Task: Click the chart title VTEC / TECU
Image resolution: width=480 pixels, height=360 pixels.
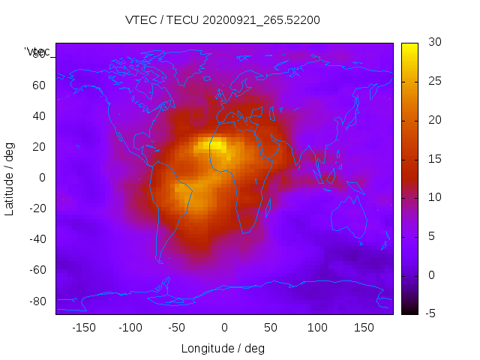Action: [223, 20]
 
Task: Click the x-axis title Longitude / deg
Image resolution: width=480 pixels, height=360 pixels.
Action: [223, 348]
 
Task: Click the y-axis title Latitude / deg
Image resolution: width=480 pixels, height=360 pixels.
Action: [10, 178]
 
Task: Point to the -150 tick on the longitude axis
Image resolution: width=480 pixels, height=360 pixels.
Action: [83, 327]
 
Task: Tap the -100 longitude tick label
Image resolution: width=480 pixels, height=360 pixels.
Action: [130, 327]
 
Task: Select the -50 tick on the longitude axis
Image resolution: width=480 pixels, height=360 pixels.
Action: [177, 327]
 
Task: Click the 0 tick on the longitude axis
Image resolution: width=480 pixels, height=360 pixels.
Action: [223, 327]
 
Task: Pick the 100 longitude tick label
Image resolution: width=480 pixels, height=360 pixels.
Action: [317, 327]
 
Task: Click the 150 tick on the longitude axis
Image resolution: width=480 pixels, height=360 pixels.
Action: [364, 327]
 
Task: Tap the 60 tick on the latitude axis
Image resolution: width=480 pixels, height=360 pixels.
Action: [38, 85]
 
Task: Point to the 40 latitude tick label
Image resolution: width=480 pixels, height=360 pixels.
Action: [38, 115]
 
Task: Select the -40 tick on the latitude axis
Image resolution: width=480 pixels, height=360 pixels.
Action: [36, 239]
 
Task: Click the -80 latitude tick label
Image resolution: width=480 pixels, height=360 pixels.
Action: [36, 301]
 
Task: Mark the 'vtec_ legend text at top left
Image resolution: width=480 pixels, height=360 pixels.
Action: [37, 52]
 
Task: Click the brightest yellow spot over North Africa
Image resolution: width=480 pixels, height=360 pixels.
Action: [217, 145]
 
